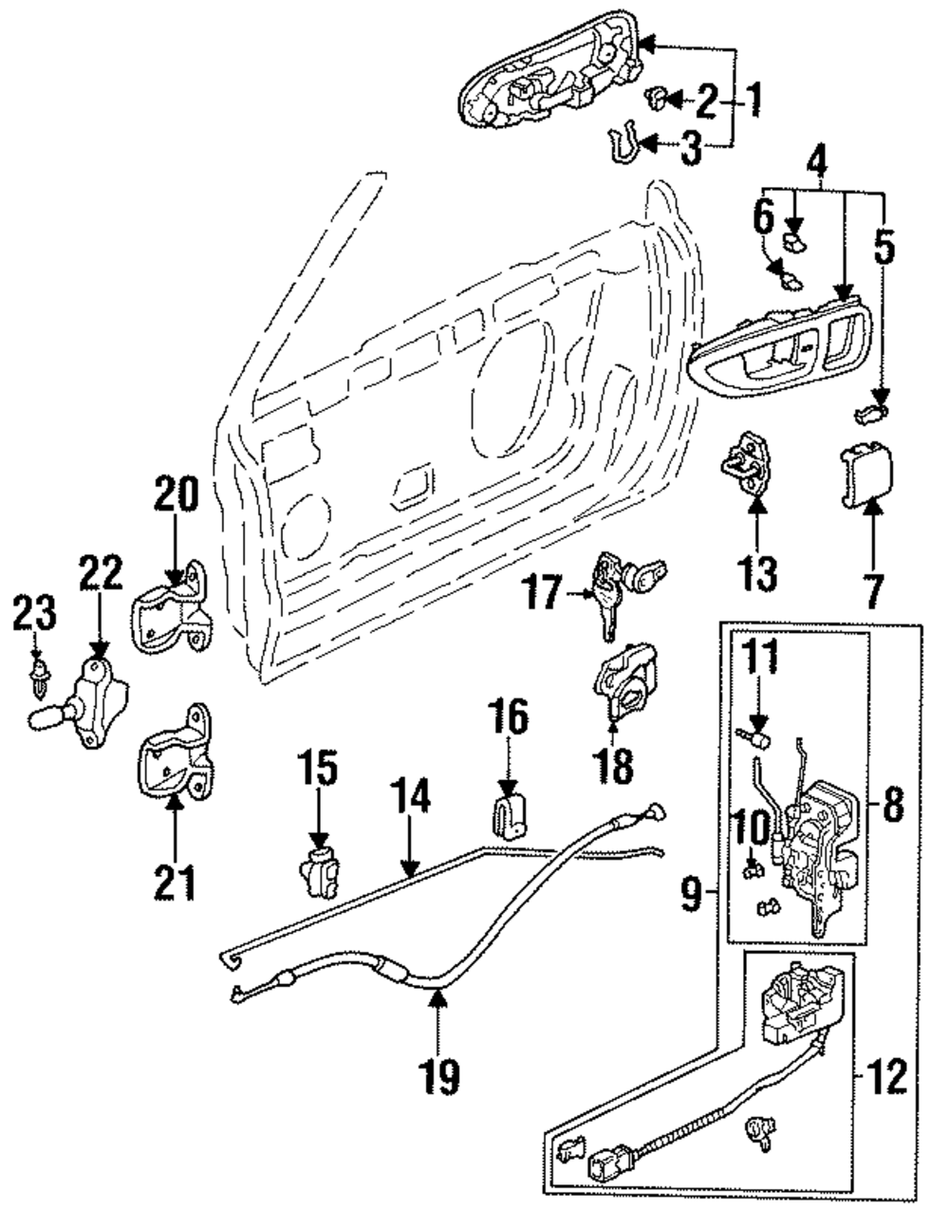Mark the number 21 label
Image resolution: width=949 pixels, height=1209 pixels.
176,882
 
